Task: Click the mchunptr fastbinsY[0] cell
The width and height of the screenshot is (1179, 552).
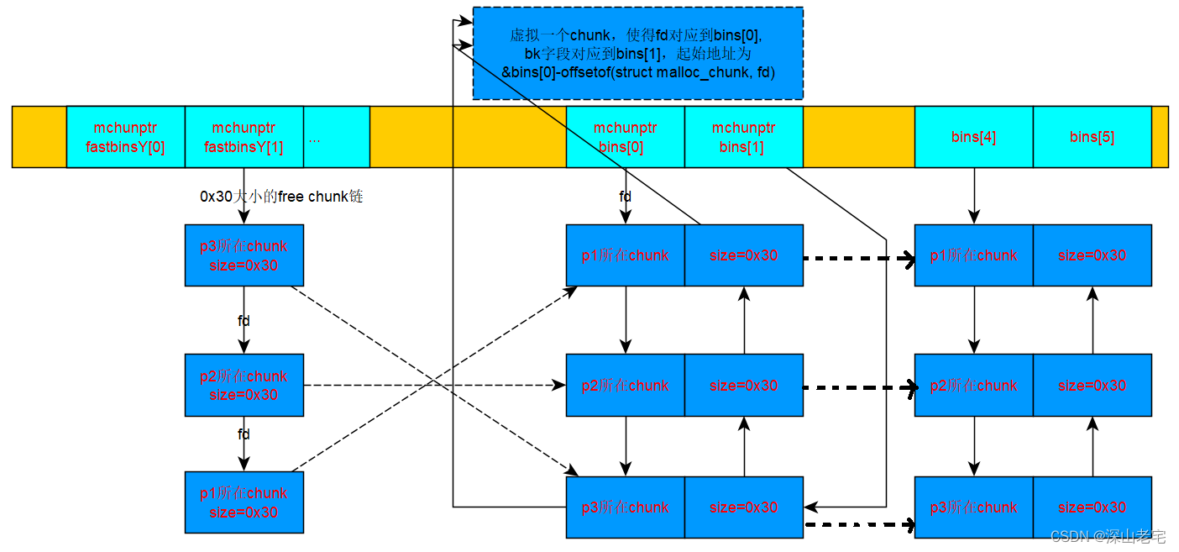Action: pos(125,137)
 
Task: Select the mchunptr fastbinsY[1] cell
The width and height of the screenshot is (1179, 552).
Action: pos(244,137)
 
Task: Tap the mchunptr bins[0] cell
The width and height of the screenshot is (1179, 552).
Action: pos(625,137)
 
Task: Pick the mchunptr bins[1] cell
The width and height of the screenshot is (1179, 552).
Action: pos(743,137)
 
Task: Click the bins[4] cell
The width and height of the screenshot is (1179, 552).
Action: pos(973,137)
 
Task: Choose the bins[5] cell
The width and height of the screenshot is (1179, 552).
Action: pos(1092,137)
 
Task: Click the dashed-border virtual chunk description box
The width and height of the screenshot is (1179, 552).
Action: pos(637,54)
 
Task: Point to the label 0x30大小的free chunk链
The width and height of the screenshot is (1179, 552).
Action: pos(281,197)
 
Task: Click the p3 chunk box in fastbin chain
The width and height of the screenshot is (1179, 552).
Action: pos(244,255)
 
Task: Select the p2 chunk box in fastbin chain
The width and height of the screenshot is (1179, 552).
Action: pos(244,385)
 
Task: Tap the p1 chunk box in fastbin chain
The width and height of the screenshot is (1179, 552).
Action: pos(244,502)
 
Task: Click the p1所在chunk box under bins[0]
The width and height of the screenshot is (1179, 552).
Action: pos(625,255)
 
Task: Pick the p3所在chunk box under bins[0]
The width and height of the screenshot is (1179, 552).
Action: pos(625,507)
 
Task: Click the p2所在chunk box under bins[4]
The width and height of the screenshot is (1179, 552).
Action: pos(973,386)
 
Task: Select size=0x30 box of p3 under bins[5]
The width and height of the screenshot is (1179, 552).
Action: pos(1092,507)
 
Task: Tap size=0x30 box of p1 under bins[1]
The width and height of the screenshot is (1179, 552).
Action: pos(743,255)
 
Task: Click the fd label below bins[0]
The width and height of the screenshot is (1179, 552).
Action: pos(626,196)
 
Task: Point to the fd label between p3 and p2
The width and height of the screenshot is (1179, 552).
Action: pos(244,321)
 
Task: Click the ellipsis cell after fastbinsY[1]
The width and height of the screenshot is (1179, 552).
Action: pos(336,137)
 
